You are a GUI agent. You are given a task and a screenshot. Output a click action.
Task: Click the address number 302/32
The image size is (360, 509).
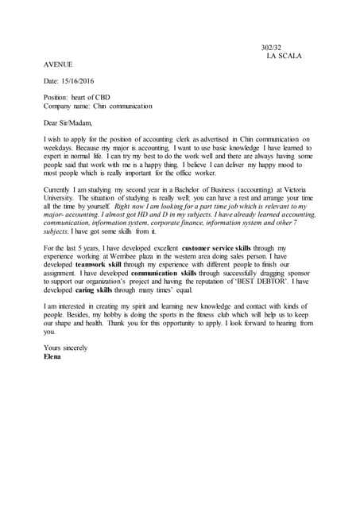coord(273,48)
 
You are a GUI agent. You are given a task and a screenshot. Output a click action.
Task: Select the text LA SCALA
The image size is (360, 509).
coord(285,56)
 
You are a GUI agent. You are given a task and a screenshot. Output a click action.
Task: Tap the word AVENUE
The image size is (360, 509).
coord(59,64)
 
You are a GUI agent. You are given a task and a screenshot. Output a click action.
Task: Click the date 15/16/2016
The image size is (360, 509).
coord(82,80)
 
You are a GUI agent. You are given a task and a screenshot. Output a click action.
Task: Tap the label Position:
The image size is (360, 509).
coord(58,97)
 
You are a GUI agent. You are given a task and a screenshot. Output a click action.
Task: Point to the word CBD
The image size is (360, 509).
coord(110,97)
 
